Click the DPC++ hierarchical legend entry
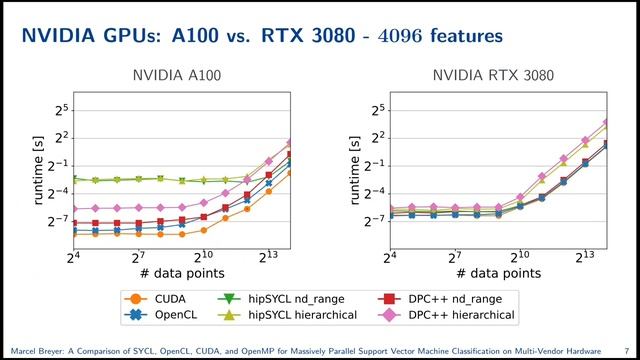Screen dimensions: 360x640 450,314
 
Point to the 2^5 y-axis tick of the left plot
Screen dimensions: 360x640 61,109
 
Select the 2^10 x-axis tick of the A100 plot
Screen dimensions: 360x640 203,258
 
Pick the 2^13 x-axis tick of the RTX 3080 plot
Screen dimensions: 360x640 581,258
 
